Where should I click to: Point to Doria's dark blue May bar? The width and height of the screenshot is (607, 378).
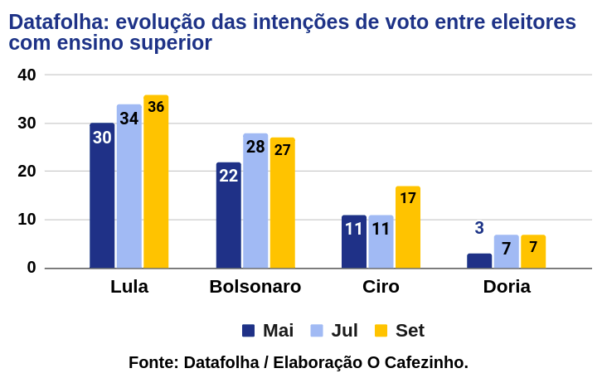click(x=479, y=260)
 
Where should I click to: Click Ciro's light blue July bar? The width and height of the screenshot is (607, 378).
click(x=381, y=245)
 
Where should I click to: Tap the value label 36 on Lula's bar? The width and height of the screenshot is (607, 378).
click(x=156, y=107)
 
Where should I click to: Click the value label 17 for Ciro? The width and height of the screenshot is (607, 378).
click(x=408, y=198)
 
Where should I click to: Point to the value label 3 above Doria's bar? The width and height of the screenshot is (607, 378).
click(x=479, y=228)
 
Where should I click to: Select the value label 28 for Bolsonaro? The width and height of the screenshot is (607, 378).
click(x=255, y=147)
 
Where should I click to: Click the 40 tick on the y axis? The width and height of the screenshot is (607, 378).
click(x=27, y=75)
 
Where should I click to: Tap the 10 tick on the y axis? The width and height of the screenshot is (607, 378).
click(x=27, y=220)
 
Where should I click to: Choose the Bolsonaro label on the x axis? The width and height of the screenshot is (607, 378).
click(x=255, y=287)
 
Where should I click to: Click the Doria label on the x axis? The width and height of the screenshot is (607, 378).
click(x=507, y=287)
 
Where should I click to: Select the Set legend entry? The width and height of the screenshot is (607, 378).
click(x=400, y=331)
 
